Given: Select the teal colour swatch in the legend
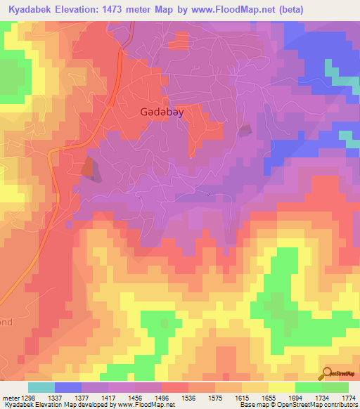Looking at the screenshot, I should (41, 387).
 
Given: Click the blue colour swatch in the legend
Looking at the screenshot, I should (67, 387).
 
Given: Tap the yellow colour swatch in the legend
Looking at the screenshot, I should (281, 387).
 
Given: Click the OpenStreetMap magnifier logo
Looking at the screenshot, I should (328, 374).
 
